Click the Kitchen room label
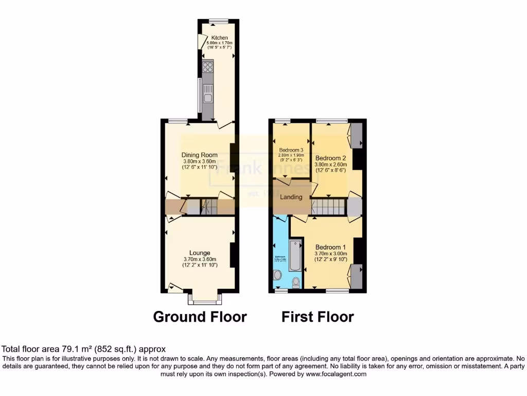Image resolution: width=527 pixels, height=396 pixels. tap(219, 38)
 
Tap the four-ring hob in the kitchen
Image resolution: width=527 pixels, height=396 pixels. tap(208, 67)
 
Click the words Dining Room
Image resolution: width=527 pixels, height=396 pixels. tap(199, 155)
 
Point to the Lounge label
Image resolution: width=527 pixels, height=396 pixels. tap(200, 253)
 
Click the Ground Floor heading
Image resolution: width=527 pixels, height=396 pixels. tap(200, 316)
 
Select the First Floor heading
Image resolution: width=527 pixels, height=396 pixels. tap(318, 316)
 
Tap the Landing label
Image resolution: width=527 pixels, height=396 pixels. tap(291, 197)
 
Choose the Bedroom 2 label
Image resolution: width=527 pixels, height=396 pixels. tap(330, 158)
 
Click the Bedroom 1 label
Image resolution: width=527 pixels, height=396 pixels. tap(330, 246)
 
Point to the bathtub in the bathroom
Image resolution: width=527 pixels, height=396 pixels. tap(295, 255)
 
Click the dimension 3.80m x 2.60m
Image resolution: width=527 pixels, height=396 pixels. tap(330, 165)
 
